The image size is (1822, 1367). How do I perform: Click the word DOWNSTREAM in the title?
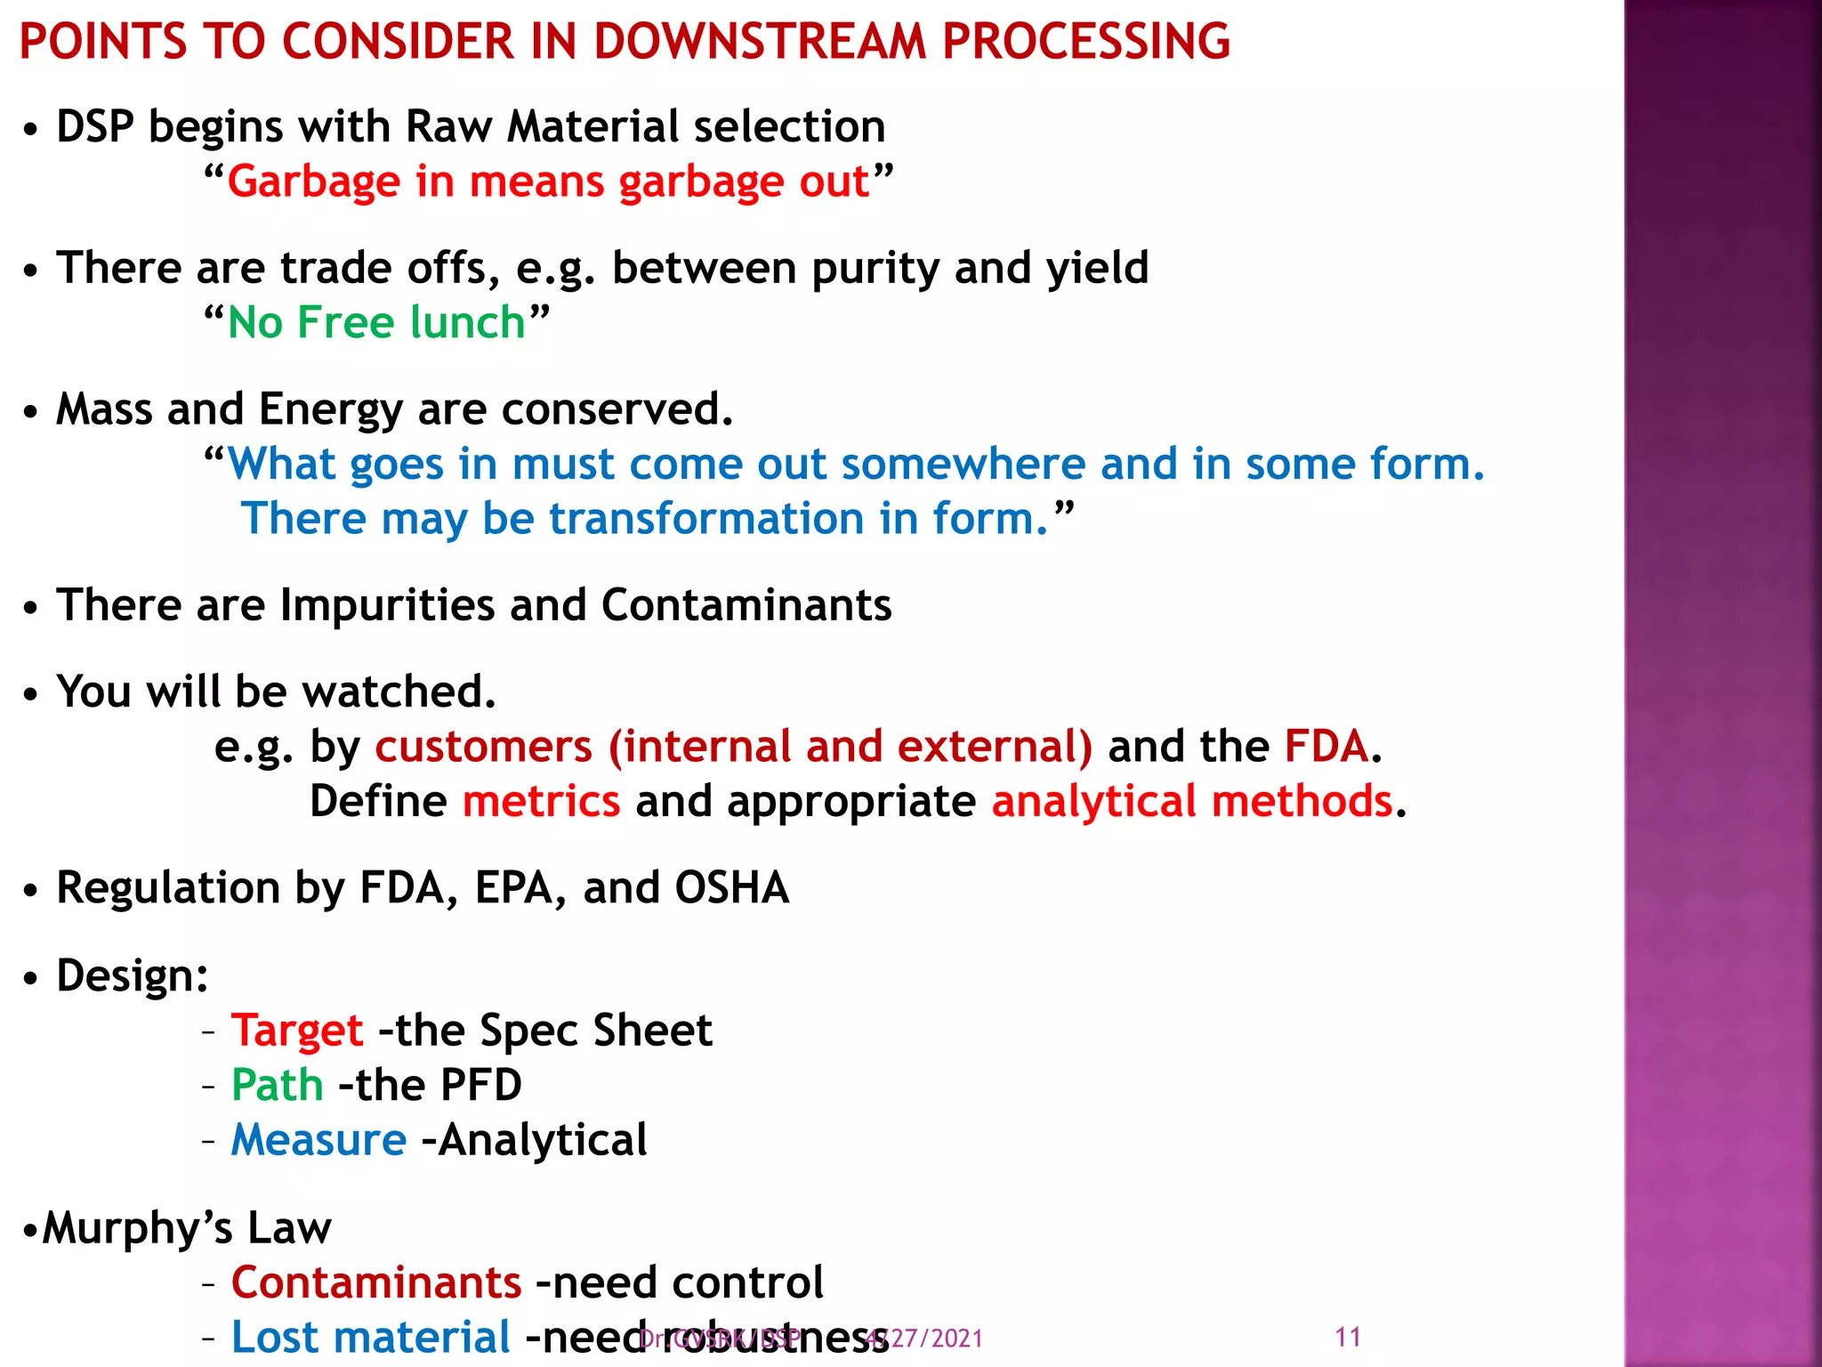(x=760, y=41)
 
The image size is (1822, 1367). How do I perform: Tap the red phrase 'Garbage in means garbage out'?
(x=548, y=182)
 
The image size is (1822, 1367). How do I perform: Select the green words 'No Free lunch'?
(x=376, y=322)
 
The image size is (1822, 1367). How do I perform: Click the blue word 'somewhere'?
(x=963, y=464)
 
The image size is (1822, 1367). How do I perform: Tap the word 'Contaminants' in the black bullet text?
(x=746, y=605)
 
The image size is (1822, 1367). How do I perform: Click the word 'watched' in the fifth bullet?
(x=397, y=692)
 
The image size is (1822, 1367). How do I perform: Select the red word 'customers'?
(x=483, y=746)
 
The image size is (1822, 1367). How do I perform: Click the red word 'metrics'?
(x=541, y=801)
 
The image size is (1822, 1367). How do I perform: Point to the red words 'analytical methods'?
(x=1192, y=801)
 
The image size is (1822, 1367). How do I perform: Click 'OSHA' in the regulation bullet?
(x=731, y=888)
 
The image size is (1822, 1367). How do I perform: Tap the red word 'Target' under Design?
(x=297, y=1031)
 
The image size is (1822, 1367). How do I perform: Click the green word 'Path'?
(x=277, y=1085)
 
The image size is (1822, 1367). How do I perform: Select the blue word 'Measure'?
(x=318, y=1140)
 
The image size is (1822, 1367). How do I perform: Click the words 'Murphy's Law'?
(x=187, y=1228)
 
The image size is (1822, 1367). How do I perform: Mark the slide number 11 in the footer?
(x=1348, y=1337)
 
